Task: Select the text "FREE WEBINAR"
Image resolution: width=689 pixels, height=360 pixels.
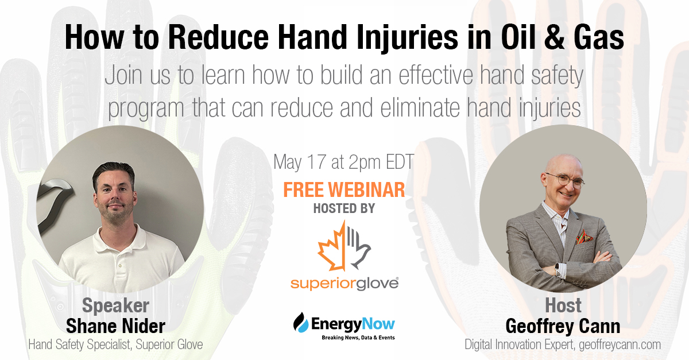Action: [x=344, y=190]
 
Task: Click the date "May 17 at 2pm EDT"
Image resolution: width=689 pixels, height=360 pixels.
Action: [x=344, y=162]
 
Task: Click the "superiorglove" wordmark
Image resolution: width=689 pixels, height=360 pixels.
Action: [x=343, y=282]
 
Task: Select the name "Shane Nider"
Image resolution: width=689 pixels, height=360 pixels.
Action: [x=116, y=326]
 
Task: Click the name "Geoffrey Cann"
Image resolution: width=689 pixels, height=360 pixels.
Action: [x=563, y=326]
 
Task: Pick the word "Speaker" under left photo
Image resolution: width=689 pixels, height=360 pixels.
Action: [x=116, y=305]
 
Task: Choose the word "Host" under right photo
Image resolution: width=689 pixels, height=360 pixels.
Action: [x=563, y=305]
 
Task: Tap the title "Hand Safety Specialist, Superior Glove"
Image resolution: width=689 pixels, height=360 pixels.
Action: [x=116, y=344]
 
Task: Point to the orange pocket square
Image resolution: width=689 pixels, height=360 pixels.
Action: [x=584, y=237]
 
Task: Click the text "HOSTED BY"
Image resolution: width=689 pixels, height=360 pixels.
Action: [x=344, y=209]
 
